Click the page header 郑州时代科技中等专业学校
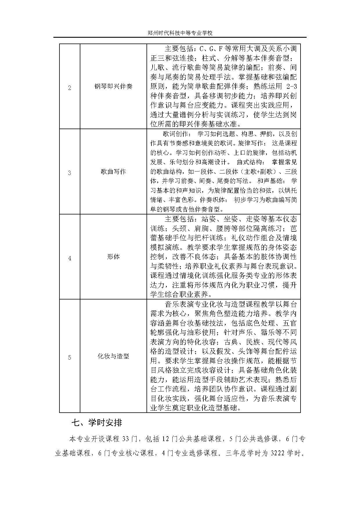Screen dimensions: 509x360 (180, 33)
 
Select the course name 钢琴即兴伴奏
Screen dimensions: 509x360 (113, 86)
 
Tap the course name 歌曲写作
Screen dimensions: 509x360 (113, 172)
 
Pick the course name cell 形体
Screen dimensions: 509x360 (113, 257)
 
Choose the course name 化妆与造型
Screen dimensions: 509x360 (113, 356)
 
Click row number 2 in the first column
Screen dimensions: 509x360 (69, 88)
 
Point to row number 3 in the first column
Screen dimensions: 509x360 (69, 173)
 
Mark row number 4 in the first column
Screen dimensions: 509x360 (69, 258)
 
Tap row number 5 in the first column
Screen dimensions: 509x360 (69, 358)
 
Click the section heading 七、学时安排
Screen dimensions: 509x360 (97, 423)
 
